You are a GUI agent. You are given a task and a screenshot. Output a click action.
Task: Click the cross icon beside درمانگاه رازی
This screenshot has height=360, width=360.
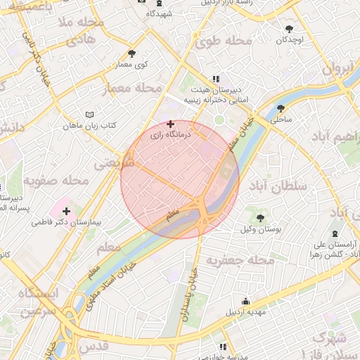170,124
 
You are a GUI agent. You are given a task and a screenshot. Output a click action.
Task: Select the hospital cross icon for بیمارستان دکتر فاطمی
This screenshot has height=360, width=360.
66,210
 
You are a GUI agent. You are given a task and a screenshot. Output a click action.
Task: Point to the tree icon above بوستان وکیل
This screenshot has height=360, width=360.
260,217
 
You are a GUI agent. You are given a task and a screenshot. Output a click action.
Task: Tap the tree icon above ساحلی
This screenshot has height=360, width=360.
281,108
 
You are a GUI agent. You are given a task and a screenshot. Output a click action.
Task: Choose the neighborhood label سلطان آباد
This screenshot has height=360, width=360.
285,186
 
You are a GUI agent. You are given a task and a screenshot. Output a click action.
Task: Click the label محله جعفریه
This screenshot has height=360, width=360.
240,261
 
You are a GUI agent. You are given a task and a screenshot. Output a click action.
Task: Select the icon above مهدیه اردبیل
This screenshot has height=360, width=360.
244,300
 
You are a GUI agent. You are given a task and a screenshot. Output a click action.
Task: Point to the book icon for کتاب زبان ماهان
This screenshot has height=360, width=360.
89,114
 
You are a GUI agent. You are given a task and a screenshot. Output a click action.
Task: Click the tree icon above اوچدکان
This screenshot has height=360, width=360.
290,29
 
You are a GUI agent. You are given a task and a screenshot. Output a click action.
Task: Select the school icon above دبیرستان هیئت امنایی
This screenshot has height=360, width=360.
215,79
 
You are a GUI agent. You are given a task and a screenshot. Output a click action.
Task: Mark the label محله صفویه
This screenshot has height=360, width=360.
56,181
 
